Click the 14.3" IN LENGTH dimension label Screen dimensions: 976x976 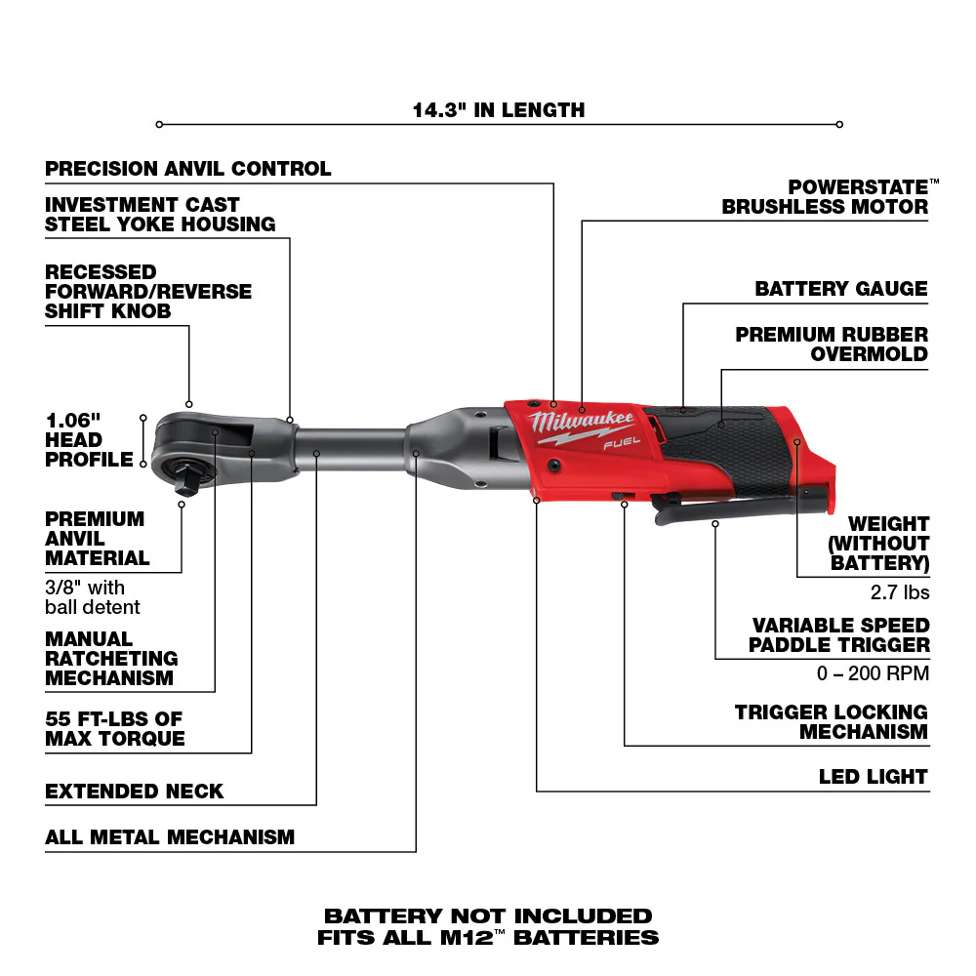[x=498, y=109]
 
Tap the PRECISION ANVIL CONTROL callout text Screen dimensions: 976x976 [x=188, y=169]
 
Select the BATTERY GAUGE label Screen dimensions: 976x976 [x=840, y=289]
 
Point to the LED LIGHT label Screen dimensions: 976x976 [x=872, y=777]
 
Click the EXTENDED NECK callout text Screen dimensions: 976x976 [x=135, y=791]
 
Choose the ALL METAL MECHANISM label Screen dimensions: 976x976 [x=170, y=836]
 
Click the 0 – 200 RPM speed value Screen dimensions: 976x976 [x=873, y=673]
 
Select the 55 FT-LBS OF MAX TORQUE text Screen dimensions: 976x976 [x=114, y=729]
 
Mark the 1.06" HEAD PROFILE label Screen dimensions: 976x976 [x=88, y=439]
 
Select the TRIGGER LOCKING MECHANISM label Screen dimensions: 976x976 [x=831, y=722]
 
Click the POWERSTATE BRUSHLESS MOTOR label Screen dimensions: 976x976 [x=825, y=196]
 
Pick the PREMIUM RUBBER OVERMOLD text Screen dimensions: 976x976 [x=832, y=344]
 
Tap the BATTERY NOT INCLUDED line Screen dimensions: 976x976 [x=488, y=916]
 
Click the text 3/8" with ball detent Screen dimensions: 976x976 [x=93, y=597]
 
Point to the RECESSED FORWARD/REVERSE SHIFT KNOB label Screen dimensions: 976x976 [x=147, y=291]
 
